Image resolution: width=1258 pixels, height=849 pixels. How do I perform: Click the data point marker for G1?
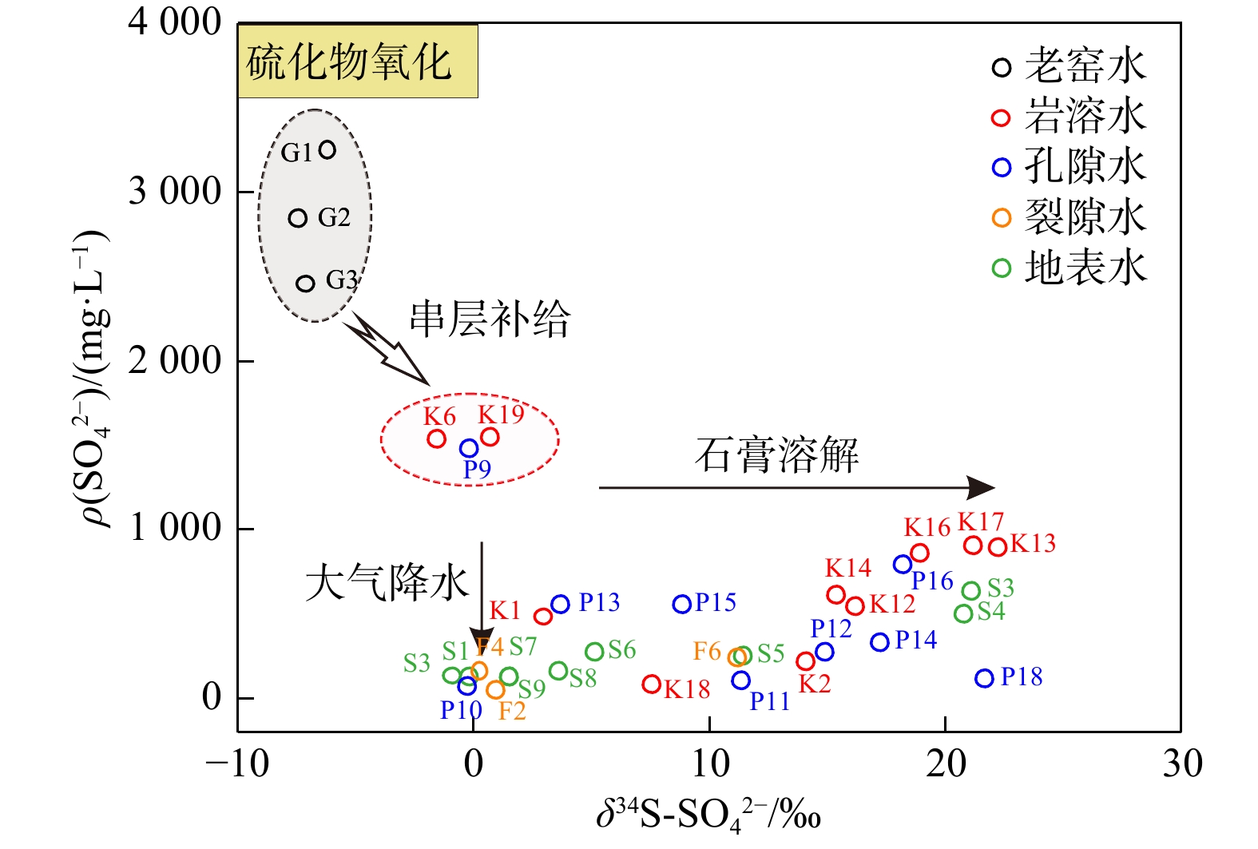coord(327,149)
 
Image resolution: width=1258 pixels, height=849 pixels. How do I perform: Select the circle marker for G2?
coord(298,218)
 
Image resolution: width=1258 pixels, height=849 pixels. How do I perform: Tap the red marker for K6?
coord(436,438)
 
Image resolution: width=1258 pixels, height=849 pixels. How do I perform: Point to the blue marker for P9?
coord(469,449)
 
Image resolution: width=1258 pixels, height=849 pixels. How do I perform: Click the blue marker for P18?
coord(984,678)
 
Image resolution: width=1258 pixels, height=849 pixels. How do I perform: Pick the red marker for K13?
coord(997,547)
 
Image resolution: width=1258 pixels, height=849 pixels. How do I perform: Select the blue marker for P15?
coord(681,604)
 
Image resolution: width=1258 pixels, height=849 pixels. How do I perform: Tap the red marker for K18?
coord(652,684)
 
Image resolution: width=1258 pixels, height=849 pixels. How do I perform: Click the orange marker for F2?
coord(495,689)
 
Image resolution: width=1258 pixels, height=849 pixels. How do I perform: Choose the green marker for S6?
coord(594,652)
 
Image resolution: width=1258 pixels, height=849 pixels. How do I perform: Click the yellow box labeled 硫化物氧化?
coord(357,62)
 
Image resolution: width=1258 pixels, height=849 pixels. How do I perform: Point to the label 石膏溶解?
coord(776,455)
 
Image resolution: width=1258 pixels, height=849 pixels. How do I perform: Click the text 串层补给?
coord(490,319)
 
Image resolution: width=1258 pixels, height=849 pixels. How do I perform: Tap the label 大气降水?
coord(387,582)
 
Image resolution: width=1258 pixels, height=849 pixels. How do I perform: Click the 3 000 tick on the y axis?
coord(174,192)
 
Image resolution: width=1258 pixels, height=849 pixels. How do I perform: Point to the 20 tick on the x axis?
coord(946,764)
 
